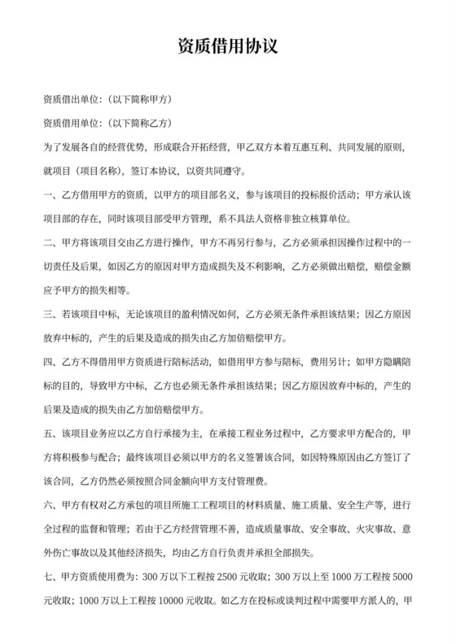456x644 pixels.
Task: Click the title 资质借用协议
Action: coord(228,47)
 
